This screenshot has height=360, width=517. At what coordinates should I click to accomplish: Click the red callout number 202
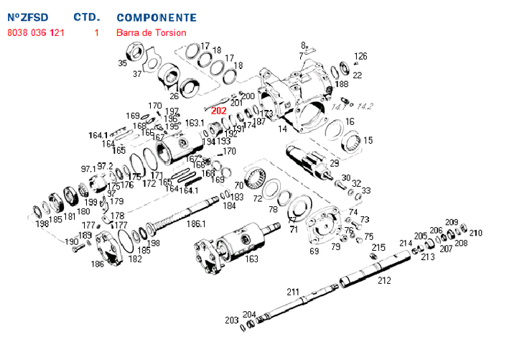(x=218, y=111)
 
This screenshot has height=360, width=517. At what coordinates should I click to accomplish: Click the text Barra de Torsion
(x=151, y=32)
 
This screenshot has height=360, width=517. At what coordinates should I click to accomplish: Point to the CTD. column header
(x=87, y=17)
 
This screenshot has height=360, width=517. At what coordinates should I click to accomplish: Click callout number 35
(x=122, y=63)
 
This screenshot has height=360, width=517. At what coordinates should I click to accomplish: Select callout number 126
(x=360, y=56)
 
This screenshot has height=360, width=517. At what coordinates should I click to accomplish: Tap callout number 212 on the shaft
(x=384, y=280)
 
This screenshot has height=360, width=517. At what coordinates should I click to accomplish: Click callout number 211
(x=293, y=292)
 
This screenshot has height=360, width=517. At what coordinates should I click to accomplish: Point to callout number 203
(x=231, y=320)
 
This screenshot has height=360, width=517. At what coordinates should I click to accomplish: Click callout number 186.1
(x=196, y=224)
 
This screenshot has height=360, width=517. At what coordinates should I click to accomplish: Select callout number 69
(x=315, y=251)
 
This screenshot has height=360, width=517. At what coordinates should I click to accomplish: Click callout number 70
(x=239, y=185)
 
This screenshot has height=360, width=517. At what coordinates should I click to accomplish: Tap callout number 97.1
(x=88, y=169)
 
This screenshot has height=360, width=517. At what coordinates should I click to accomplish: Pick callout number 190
(x=73, y=242)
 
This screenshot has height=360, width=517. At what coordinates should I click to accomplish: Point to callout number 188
(x=341, y=84)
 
